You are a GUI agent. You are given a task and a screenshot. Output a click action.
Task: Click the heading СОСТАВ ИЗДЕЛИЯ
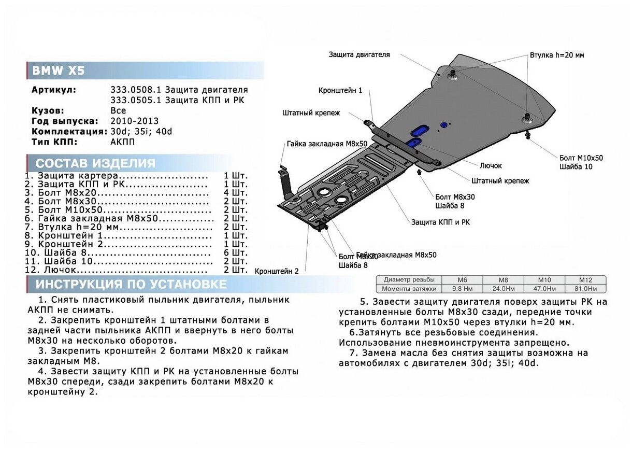(95, 163)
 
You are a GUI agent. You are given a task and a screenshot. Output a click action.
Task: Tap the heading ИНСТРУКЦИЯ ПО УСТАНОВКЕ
(131, 284)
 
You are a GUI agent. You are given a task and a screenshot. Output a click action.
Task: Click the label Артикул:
(53, 90)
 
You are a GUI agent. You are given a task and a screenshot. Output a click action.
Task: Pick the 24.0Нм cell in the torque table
(503, 288)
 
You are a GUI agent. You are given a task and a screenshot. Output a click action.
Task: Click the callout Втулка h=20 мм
(557, 55)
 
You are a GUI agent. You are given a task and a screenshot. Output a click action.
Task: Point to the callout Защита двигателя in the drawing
(359, 54)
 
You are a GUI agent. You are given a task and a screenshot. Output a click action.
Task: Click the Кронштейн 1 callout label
(340, 90)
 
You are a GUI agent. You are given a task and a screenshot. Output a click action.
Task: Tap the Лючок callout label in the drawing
(491, 165)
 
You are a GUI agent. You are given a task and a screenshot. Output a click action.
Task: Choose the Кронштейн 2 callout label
(277, 271)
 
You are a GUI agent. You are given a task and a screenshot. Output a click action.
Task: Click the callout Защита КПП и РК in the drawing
(440, 222)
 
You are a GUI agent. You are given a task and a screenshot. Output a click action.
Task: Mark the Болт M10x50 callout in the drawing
(581, 158)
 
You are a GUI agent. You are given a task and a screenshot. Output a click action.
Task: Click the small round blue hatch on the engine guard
(443, 124)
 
